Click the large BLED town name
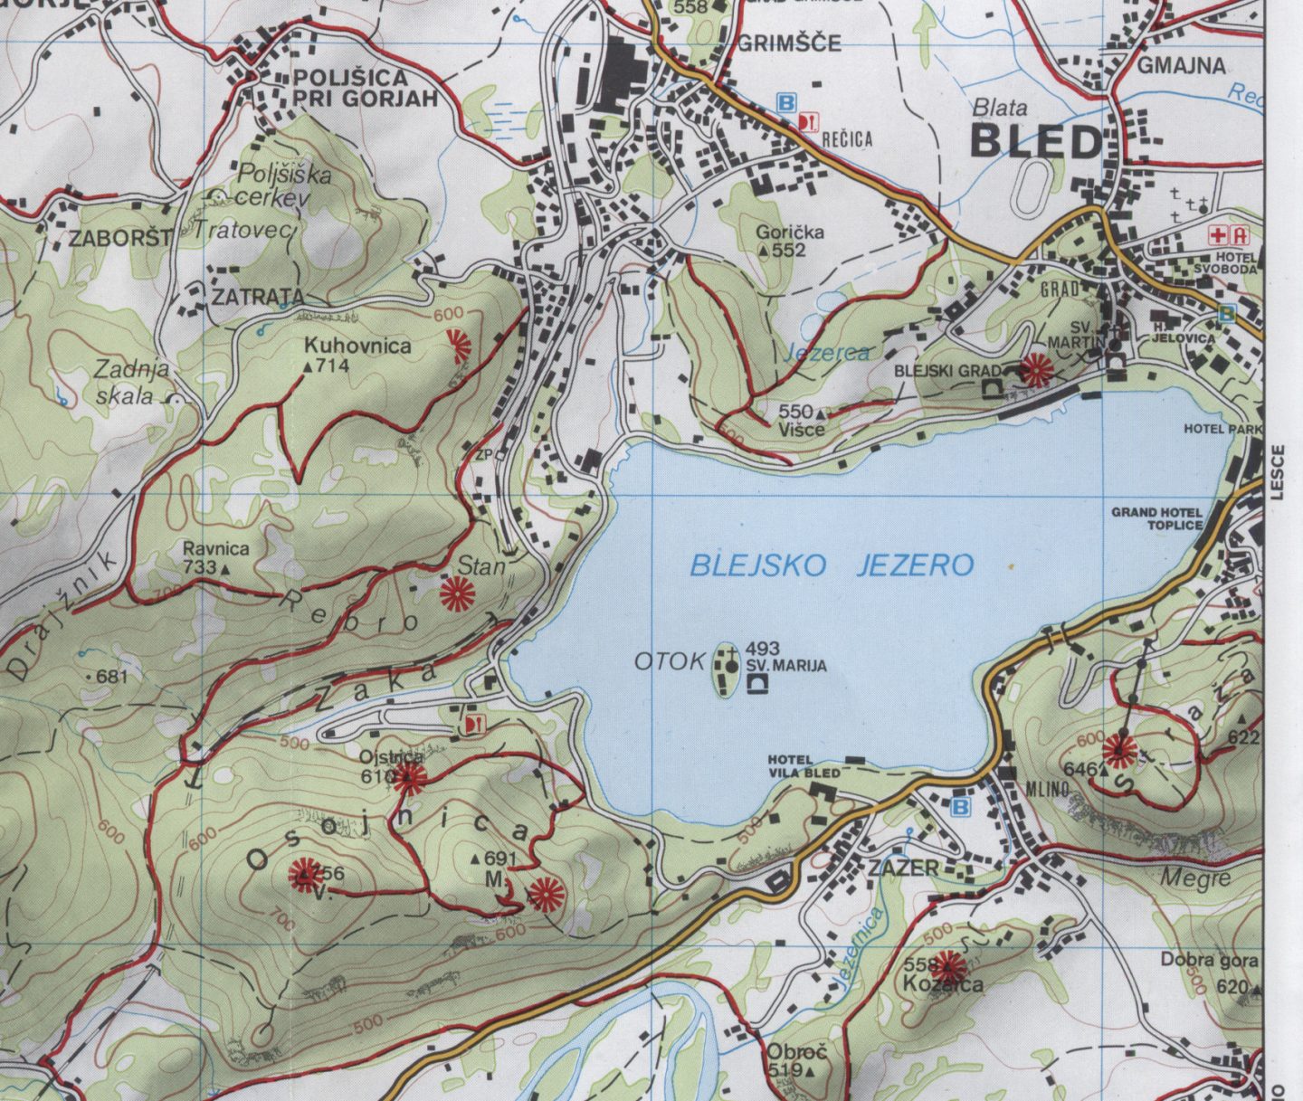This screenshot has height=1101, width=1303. (1037, 141)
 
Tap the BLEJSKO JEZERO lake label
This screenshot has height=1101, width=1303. (832, 565)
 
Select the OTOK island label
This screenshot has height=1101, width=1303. (668, 661)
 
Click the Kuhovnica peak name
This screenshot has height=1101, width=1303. (357, 346)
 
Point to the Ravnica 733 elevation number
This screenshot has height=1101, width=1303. (199, 568)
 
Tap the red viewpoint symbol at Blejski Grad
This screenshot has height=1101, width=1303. (1035, 370)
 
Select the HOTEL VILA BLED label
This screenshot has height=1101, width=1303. (804, 766)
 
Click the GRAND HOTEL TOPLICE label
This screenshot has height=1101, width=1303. (1157, 518)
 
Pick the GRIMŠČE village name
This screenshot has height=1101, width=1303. (789, 43)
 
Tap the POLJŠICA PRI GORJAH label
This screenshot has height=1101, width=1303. (365, 88)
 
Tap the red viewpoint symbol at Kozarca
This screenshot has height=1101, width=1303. (947, 964)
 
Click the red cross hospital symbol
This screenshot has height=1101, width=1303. (1218, 236)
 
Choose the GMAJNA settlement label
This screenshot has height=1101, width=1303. (1181, 65)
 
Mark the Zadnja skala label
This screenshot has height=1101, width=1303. (131, 382)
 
